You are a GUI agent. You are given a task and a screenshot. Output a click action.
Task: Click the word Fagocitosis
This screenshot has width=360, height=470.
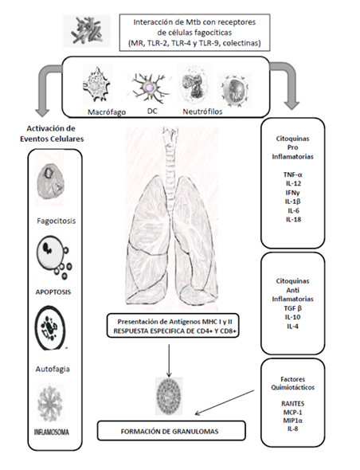[x=57, y=221]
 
